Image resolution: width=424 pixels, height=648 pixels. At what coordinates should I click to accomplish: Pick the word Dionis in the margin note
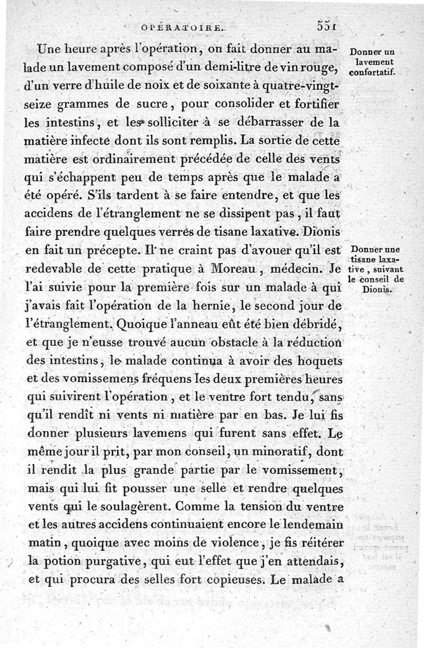pyautogui.click(x=376, y=289)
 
